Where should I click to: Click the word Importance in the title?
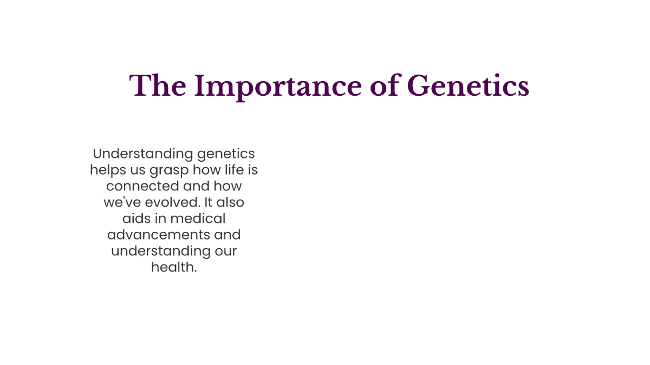coord(277,87)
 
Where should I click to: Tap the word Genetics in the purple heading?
coord(467,87)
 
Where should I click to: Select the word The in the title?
coord(157,87)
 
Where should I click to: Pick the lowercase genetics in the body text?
coord(226,154)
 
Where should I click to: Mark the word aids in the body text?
coord(135,219)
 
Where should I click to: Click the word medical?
coord(198,219)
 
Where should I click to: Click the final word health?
coord(173,268)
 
